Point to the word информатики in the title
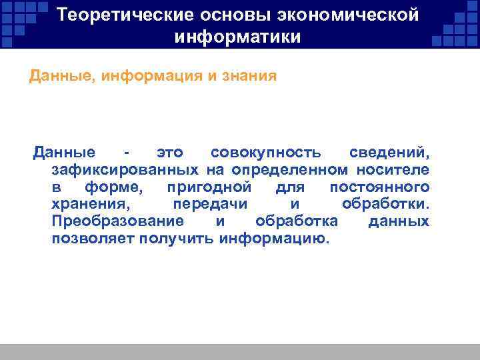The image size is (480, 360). (x=238, y=37)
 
